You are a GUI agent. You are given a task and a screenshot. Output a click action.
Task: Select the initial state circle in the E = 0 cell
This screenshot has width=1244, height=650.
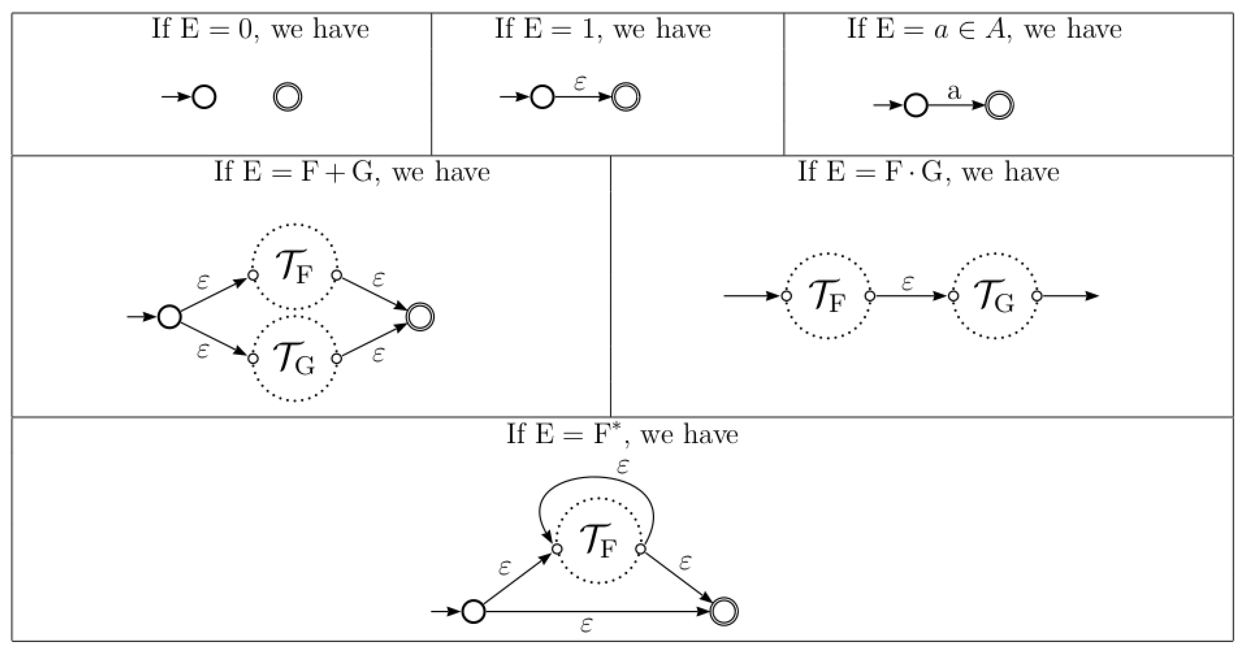pos(204,97)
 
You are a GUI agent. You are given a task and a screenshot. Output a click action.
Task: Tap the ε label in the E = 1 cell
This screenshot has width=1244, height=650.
pos(580,83)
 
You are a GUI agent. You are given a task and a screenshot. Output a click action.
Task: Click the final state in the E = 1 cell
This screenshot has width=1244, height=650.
pos(626,97)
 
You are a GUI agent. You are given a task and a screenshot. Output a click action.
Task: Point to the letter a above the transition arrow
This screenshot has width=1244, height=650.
pos(954,91)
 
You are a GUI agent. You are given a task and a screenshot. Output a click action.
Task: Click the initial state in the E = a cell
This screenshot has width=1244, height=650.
pos(916,105)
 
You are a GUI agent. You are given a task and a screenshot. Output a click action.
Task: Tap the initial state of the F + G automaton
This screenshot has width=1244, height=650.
pos(169,317)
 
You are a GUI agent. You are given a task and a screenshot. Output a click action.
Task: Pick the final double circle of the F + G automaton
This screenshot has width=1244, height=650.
pos(420,317)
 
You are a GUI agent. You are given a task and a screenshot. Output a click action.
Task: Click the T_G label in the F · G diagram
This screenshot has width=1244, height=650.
pos(994,296)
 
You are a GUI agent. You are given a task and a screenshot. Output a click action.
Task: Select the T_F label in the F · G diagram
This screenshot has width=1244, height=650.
pos(828,296)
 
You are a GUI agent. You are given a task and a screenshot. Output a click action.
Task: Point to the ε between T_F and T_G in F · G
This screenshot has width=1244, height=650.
pos(908,283)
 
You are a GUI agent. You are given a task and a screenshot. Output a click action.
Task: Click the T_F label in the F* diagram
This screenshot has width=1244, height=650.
pos(598,541)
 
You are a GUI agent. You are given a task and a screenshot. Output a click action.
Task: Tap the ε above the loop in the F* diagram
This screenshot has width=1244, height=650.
pos(623,466)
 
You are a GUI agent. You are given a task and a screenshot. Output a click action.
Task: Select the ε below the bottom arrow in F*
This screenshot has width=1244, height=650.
pos(586,625)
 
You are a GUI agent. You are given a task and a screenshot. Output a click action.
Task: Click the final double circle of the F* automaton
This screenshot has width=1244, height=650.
pos(724,612)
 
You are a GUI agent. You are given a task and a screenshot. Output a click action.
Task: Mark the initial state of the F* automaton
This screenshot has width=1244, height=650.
pos(473,612)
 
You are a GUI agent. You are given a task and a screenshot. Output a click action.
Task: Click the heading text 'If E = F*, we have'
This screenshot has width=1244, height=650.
pos(622,434)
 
